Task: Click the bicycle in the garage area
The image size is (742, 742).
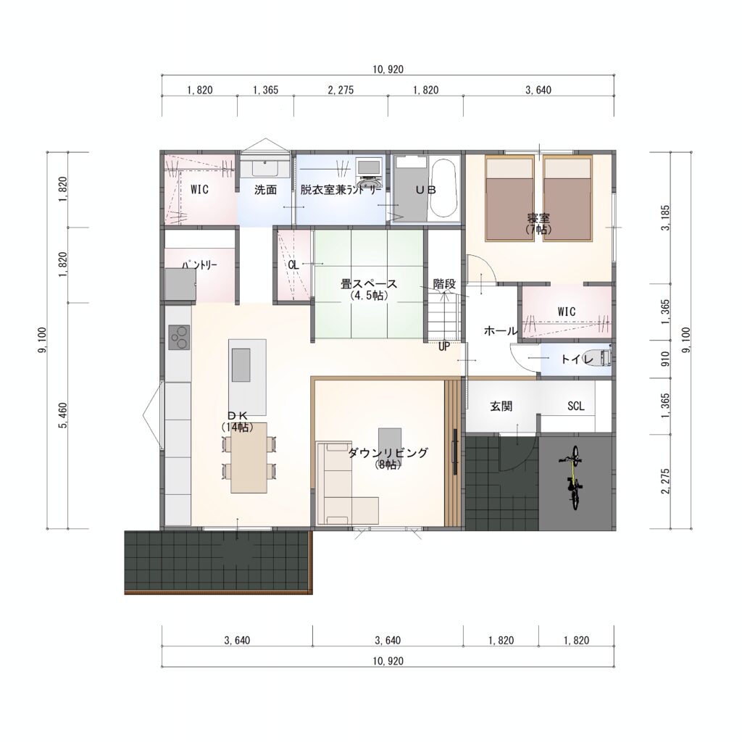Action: point(573,477)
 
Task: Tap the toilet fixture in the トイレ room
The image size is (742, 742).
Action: point(604,358)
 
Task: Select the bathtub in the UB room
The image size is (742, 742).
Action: point(444,188)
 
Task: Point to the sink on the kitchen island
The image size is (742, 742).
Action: point(241,365)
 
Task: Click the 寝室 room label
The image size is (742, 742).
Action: point(538,219)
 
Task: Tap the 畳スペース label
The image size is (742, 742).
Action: point(369,284)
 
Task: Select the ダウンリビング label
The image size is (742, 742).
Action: point(388,453)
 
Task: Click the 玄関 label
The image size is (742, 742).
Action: point(501,406)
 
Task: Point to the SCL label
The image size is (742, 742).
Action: point(576,406)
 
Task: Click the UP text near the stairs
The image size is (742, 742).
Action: point(444,347)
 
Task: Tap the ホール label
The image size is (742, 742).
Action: point(501,331)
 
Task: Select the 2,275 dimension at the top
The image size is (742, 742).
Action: point(341,90)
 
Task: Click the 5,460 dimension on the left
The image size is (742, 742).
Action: point(63,415)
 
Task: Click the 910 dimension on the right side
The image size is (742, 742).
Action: point(666,359)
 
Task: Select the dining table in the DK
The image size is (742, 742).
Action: point(249,458)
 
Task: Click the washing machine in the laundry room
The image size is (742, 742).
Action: point(369,173)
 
